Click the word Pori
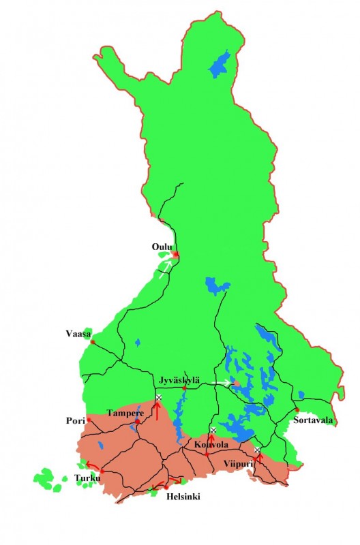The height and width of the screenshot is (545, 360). (76, 420)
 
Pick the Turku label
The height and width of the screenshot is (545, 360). (85, 478)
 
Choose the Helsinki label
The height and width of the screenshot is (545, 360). (183, 497)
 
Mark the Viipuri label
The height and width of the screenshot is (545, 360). (239, 465)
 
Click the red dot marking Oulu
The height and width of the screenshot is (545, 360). (175, 255)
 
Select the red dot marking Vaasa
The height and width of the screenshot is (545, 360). (93, 342)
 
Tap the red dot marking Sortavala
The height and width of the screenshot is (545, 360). (297, 410)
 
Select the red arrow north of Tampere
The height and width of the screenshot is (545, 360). (156, 409)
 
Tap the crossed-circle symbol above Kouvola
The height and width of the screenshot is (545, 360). (213, 430)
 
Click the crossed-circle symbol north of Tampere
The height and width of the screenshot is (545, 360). (158, 397)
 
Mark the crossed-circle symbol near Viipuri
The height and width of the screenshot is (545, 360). (257, 450)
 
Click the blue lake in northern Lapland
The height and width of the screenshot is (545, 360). (220, 65)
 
